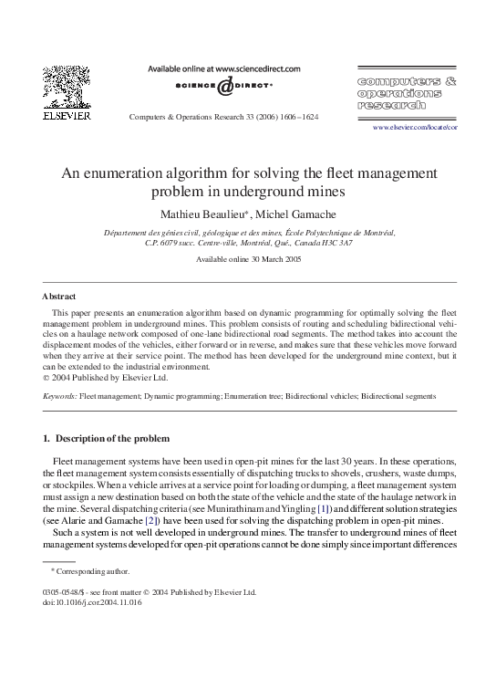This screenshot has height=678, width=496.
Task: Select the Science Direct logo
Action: [x=224, y=88]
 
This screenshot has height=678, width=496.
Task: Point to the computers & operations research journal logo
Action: [x=407, y=92]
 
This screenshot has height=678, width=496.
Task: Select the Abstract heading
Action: [x=59, y=297]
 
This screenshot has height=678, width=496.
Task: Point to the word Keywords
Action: [x=59, y=396]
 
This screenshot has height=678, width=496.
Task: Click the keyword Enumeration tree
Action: [x=259, y=396]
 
